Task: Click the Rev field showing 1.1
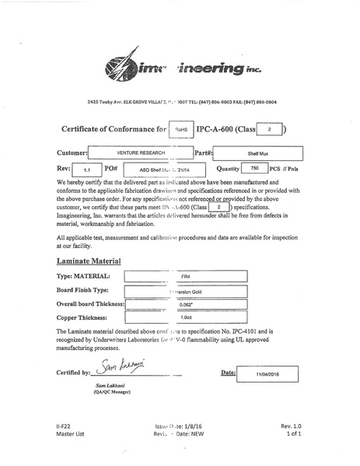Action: [86, 168]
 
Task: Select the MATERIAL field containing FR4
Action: [185, 277]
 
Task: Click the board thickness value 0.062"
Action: [185, 304]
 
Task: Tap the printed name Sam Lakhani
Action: [110, 387]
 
